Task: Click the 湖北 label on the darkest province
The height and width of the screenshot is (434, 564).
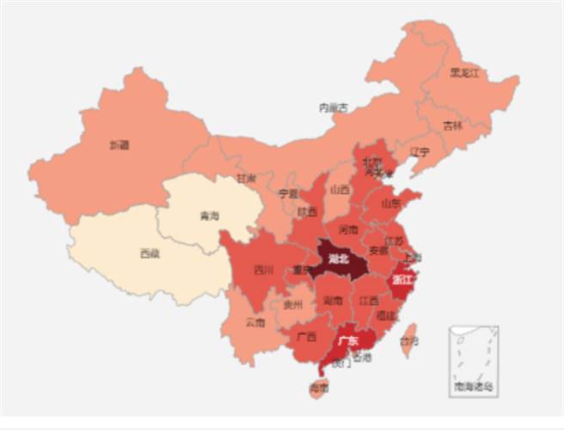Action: point(337,259)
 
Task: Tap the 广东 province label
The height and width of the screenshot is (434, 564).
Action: point(347,341)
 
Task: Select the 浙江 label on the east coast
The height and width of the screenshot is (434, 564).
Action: point(402,279)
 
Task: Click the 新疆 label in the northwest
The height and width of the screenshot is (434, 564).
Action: point(120,145)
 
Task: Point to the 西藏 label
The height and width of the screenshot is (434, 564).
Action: point(149,254)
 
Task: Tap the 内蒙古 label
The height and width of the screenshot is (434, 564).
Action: point(334,108)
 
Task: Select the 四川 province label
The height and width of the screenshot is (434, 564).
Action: point(263,270)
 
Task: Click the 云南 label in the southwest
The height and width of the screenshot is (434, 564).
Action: point(255,323)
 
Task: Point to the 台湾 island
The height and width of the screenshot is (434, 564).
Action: point(410,340)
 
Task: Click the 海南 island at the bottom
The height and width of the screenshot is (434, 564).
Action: point(318,389)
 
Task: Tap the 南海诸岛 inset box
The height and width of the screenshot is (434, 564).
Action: point(474,361)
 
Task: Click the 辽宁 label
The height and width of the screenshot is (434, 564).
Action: point(420,152)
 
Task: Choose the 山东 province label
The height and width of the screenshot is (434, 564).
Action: point(390,204)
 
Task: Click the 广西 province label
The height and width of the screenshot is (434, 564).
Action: point(303,335)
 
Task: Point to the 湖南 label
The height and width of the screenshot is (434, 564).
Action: point(334,301)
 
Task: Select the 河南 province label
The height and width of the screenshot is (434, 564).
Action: point(348,230)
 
